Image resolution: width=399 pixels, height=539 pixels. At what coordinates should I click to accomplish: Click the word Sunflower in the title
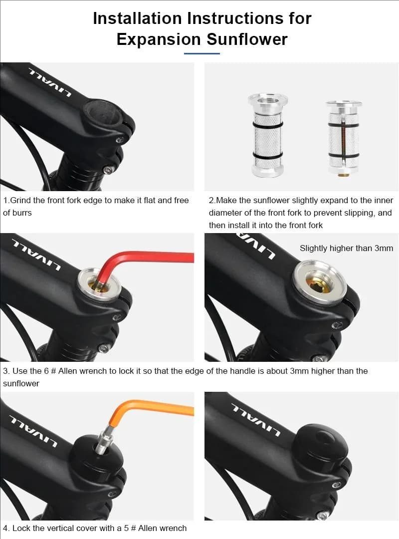[247, 39]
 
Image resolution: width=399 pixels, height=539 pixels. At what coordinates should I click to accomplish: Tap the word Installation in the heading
[137, 18]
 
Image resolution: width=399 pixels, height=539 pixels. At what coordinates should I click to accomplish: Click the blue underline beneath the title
[201, 53]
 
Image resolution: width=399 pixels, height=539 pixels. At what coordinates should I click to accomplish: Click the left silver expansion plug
[268, 135]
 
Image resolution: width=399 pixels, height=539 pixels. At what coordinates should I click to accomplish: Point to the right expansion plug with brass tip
[344, 138]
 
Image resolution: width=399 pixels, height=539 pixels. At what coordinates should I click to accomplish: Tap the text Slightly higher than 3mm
[346, 248]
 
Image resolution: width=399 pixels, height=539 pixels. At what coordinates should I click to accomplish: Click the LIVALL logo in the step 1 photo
[50, 83]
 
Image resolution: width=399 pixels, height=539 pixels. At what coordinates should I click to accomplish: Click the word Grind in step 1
[20, 201]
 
